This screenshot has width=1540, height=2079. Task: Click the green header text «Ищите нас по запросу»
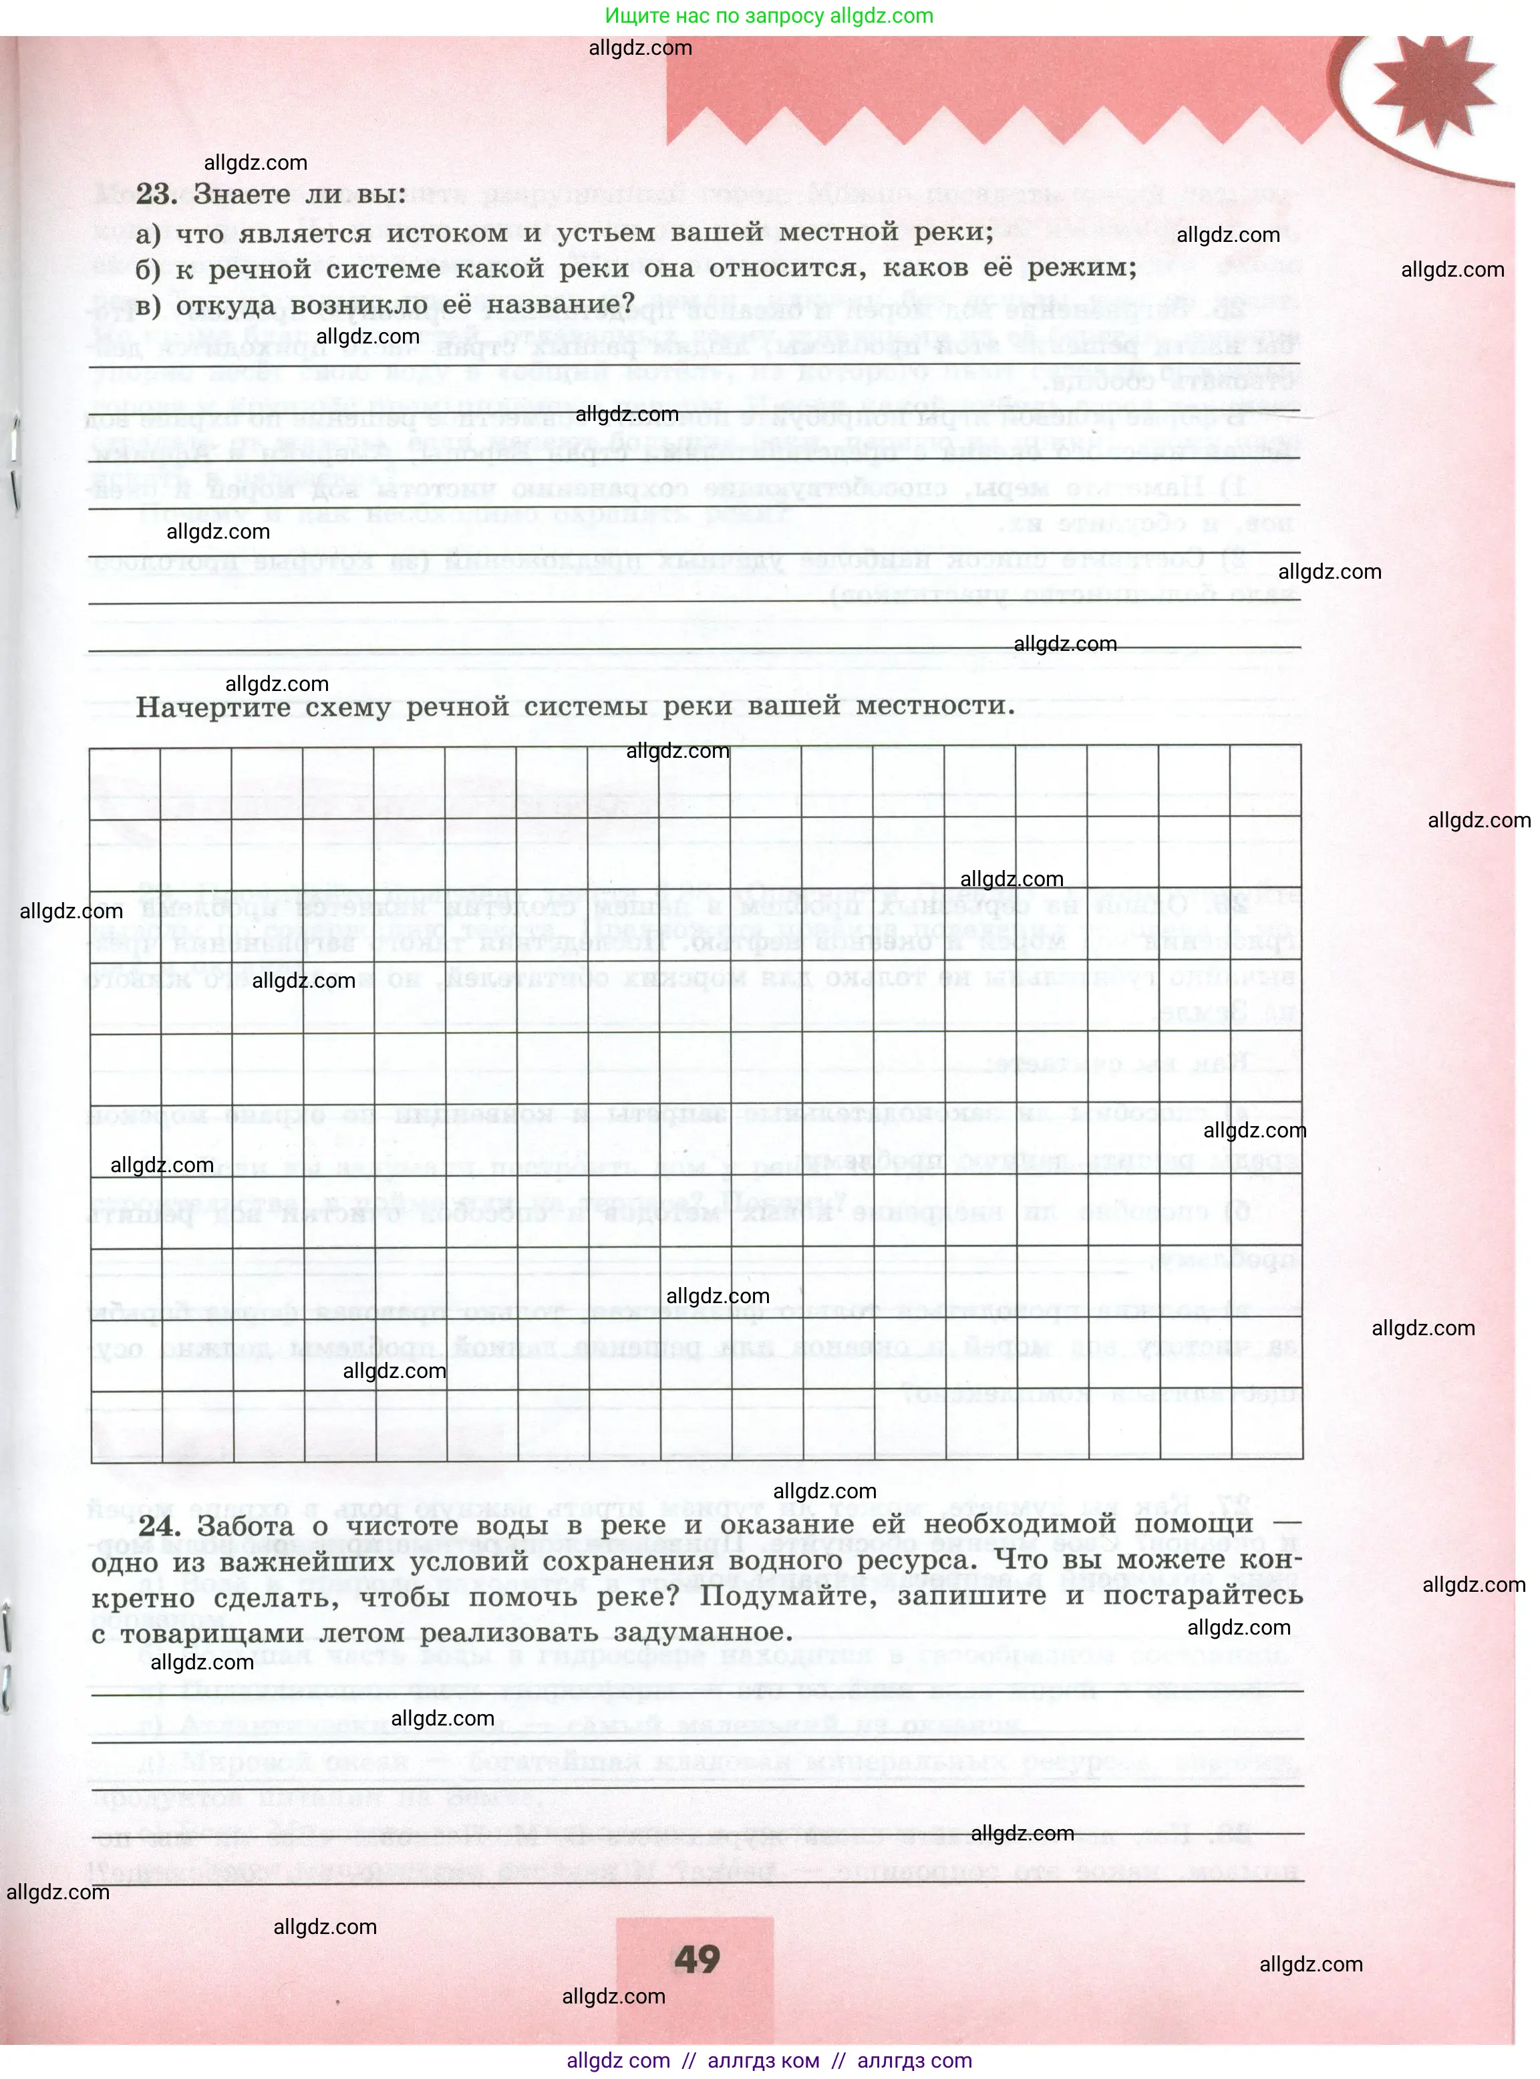(x=715, y=16)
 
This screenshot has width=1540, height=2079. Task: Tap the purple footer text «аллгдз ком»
(x=764, y=2060)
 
